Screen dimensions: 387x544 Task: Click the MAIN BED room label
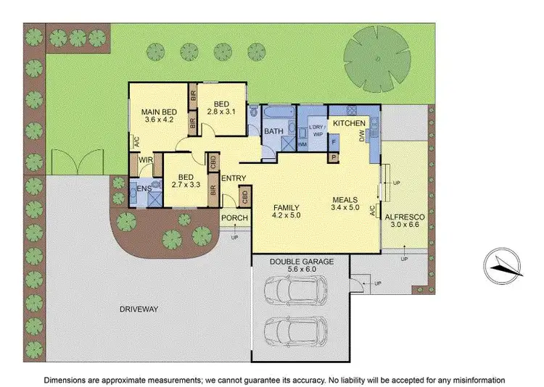159,111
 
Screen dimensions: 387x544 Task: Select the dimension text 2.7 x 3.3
185,185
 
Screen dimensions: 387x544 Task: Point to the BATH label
273,131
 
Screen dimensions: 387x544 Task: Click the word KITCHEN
349,124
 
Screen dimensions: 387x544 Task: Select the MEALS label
345,199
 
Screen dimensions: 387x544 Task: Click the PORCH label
235,218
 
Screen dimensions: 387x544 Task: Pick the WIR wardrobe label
145,159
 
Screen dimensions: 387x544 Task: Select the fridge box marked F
334,143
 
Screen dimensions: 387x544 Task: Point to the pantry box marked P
334,157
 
